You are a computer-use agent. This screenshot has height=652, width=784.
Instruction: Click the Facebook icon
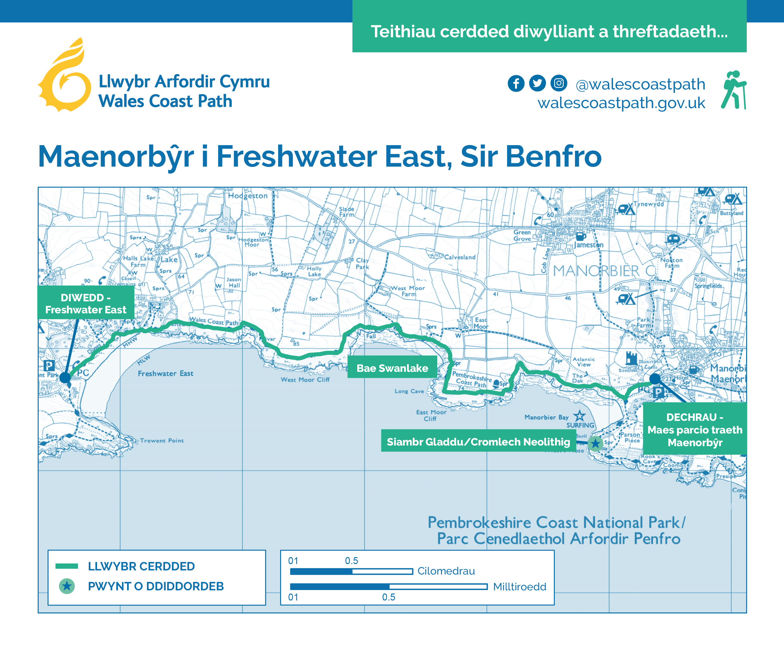pos(516,83)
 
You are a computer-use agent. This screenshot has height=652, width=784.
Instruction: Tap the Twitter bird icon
pos(537,83)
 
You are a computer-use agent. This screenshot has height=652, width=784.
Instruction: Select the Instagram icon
pos(559,83)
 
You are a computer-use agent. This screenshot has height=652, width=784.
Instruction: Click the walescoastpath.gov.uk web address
pos(621,103)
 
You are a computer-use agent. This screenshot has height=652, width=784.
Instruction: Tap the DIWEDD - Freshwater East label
pos(86,303)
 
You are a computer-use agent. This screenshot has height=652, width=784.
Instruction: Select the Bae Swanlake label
pos(392,368)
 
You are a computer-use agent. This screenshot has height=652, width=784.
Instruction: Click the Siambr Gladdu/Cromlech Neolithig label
pos(478,442)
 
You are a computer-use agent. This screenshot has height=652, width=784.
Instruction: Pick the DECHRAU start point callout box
pos(695,429)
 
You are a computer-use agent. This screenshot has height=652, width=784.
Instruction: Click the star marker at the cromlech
pos(595,444)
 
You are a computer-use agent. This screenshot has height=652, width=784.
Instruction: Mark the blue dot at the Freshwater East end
pos(65,378)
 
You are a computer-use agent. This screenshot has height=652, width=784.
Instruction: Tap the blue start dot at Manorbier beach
pos(654,379)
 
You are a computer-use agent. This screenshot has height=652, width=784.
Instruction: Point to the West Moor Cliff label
pos(305,380)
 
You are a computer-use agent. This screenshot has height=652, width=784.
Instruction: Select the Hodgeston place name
pos(248,196)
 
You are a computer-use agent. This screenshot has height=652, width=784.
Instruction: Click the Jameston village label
pos(588,245)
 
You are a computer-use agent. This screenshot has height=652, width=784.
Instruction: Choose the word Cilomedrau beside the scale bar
pos(446,571)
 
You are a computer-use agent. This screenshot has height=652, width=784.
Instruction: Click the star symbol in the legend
pos(67,586)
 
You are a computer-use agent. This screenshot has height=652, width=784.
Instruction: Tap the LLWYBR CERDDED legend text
pos(141,566)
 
